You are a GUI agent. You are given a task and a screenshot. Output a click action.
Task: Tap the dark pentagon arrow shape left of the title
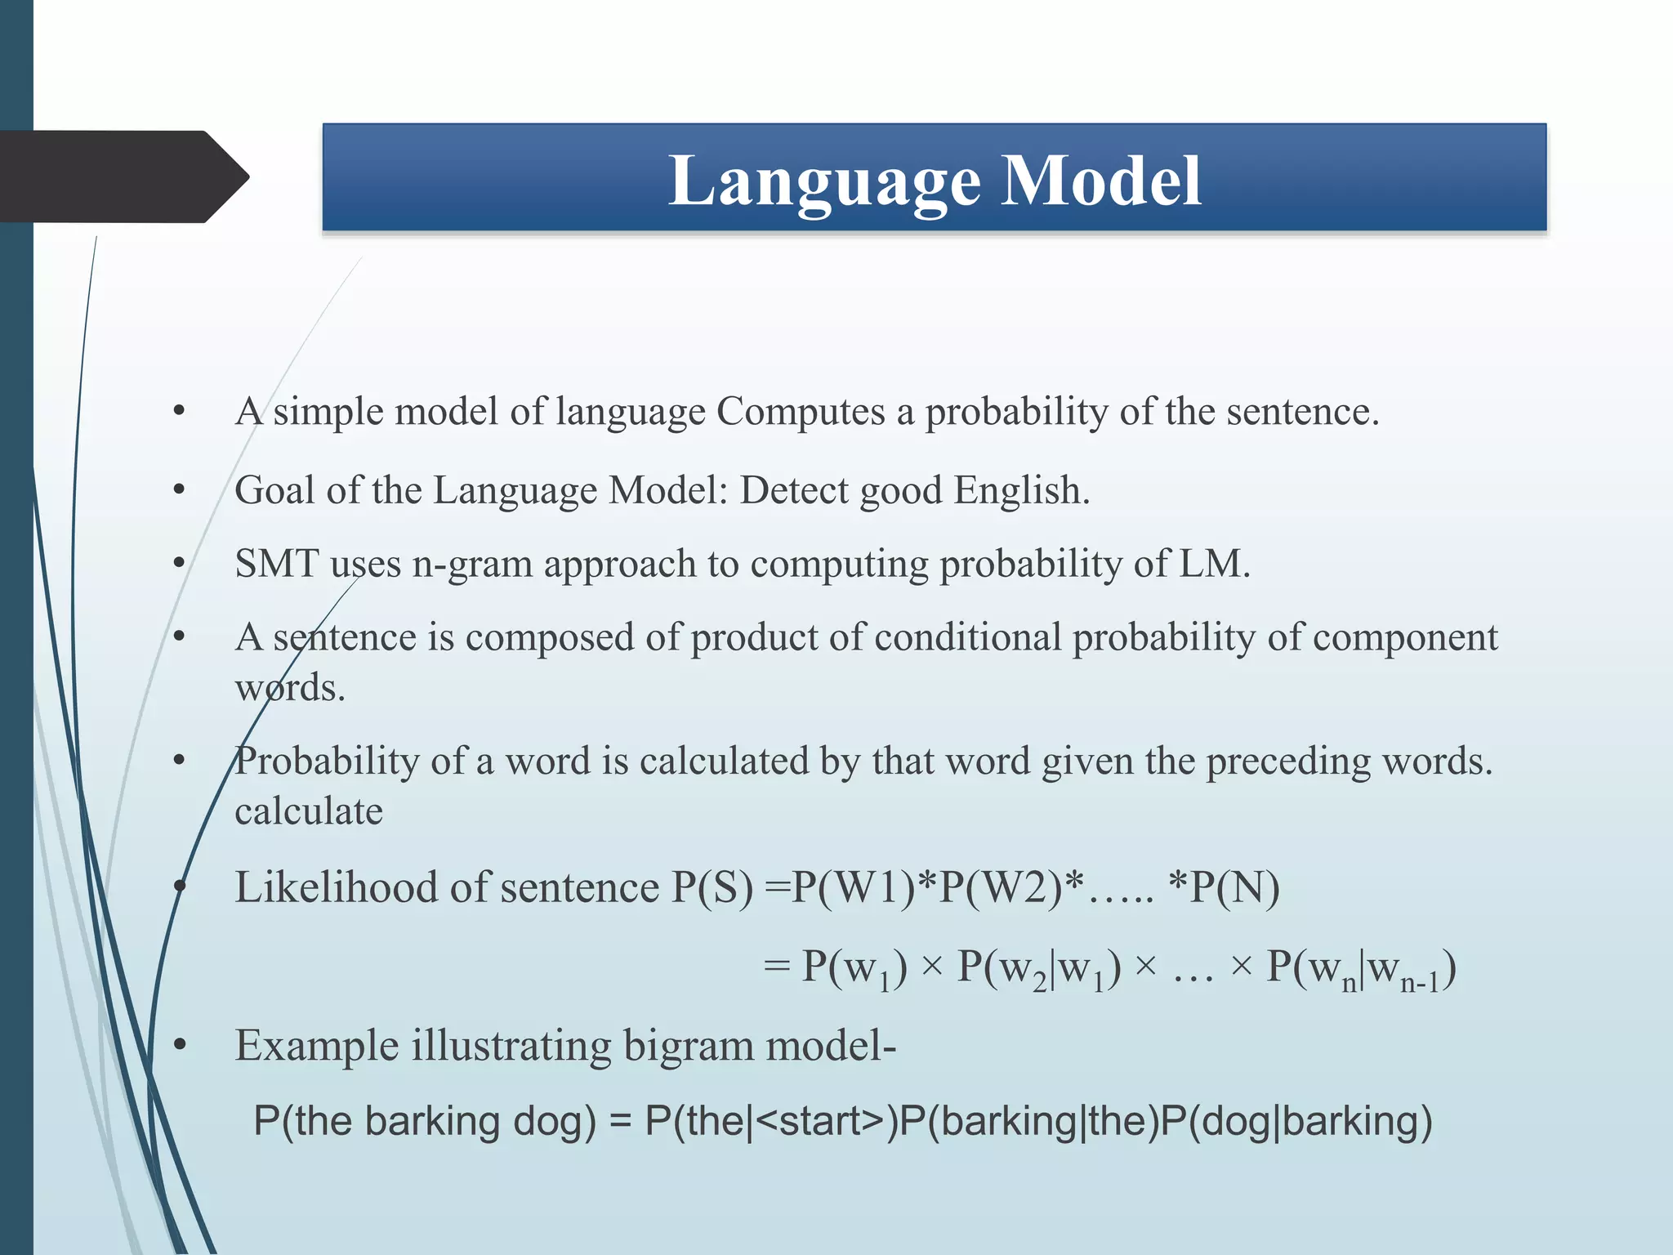pos(123,176)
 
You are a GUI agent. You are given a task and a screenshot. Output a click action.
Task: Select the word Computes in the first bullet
pos(800,411)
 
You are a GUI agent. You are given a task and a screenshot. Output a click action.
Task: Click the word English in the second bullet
pos(1021,490)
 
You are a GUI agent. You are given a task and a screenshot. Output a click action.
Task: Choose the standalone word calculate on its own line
pos(309,811)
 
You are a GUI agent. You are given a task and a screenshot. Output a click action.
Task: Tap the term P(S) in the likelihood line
pos(712,888)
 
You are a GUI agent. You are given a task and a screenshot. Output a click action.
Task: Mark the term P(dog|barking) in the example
pos(1296,1121)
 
